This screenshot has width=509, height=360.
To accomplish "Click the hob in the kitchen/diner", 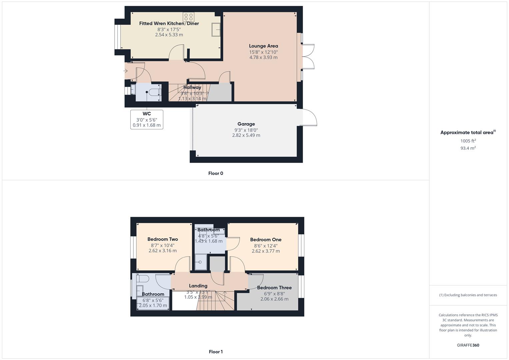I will point(188,17).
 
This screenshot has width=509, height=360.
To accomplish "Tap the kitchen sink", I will point(215,30).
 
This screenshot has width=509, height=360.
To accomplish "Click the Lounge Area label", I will point(263,46).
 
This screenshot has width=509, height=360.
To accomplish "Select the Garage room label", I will point(246,124).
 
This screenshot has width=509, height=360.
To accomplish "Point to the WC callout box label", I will point(147,114).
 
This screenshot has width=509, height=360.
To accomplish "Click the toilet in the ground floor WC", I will point(154,92).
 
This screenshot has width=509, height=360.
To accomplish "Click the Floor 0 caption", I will point(216,173).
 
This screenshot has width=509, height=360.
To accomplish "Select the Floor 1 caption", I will point(216,352).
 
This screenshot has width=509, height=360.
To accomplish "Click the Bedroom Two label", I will point(163,239).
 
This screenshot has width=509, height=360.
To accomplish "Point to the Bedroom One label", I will point(266,239).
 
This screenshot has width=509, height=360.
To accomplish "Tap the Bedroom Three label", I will point(274,287).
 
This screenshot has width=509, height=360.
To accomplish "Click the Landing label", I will point(198,286).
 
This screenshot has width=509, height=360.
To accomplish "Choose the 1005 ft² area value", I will point(468,141).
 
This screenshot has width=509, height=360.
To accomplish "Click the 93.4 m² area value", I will point(468,148).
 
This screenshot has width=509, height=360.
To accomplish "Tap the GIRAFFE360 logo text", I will point(468,345).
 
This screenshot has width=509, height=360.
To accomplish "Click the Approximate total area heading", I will point(467,132).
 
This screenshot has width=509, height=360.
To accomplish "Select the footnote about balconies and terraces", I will point(468,295).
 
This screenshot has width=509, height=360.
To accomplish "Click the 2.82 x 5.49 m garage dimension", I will point(246,135).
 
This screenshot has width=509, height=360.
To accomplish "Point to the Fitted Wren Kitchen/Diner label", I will point(169,23).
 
